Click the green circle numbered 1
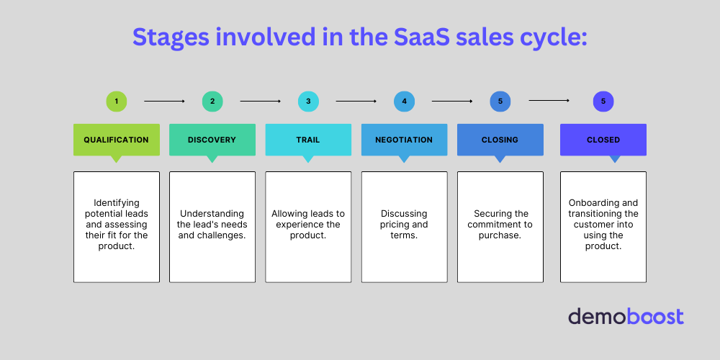pyautogui.click(x=116, y=102)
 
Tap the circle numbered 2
pyautogui.click(x=212, y=102)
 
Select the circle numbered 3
pyautogui.click(x=308, y=102)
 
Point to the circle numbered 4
pyautogui.click(x=404, y=102)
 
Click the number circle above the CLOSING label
pyautogui.click(x=500, y=102)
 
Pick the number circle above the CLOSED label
pyautogui.click(x=603, y=102)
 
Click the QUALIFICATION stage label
pyautogui.click(x=116, y=140)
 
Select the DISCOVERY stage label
pyautogui.click(x=212, y=140)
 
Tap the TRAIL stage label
pyautogui.click(x=308, y=140)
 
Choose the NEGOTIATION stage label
pyautogui.click(x=404, y=140)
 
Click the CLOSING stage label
pyautogui.click(x=500, y=140)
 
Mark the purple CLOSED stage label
pyautogui.click(x=603, y=140)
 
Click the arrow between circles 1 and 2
pyautogui.click(x=164, y=102)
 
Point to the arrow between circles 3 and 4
pyautogui.click(x=356, y=102)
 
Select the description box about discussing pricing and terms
pyautogui.click(x=404, y=226)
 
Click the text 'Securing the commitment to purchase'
pyautogui.click(x=500, y=225)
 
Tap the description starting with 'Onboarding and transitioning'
pyautogui.click(x=603, y=225)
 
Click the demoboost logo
pyautogui.click(x=626, y=316)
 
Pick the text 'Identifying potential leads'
pyautogui.click(x=116, y=209)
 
